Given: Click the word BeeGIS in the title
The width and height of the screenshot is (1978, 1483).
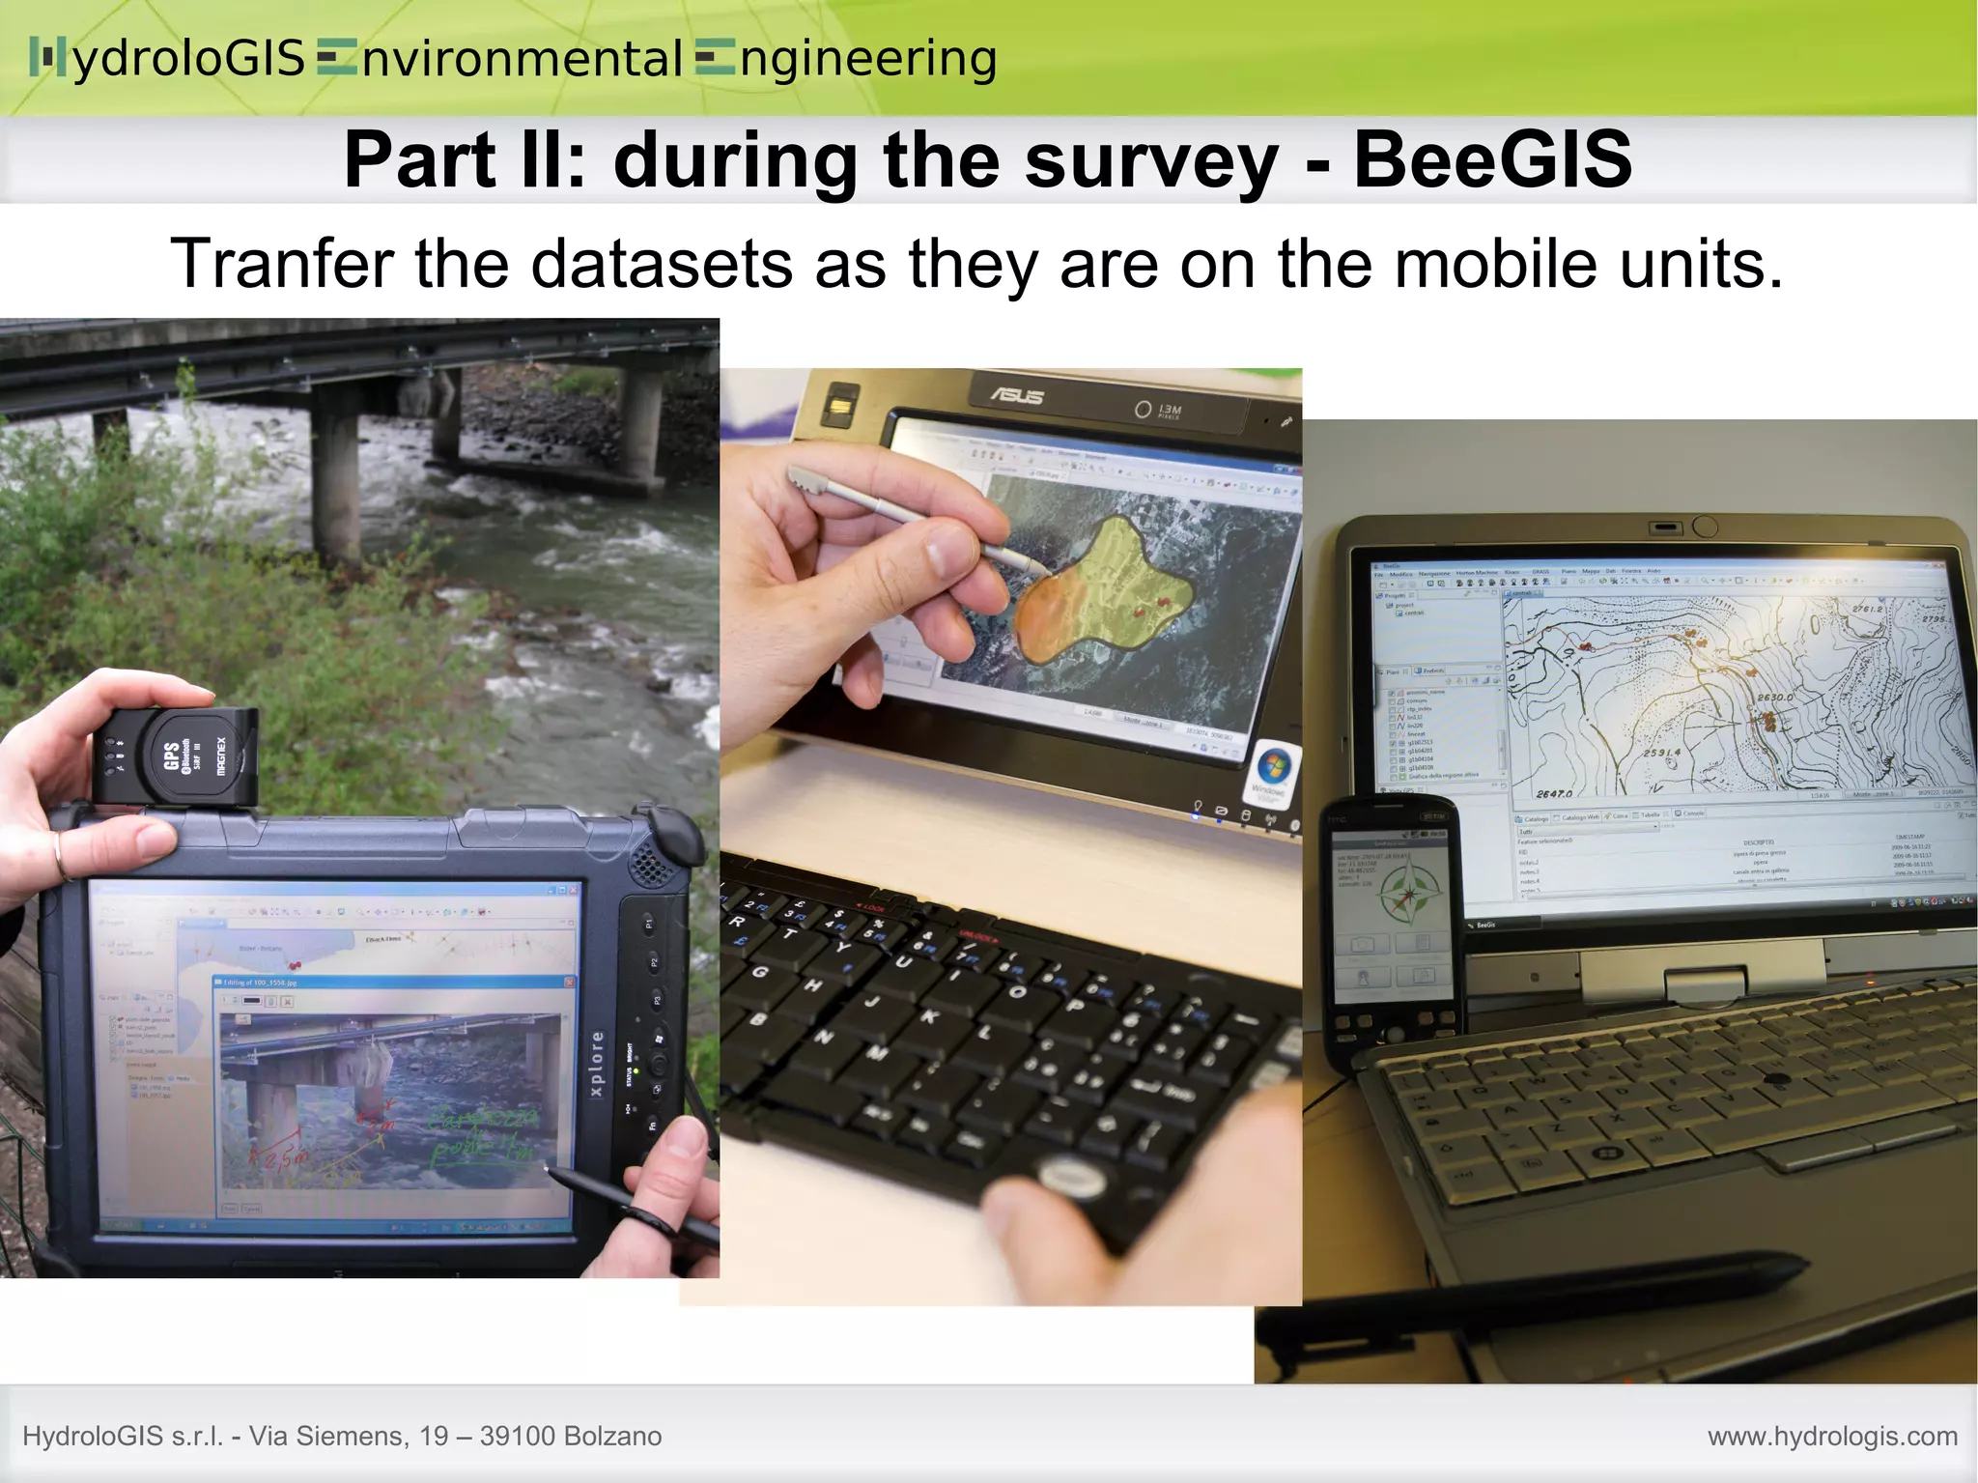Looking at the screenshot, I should [1492, 159].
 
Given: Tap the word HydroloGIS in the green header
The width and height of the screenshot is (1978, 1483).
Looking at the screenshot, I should [169, 58].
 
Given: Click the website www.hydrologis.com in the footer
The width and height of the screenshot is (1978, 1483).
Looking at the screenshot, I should [1832, 1437].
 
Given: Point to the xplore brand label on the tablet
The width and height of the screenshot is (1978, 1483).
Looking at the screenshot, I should [597, 1064].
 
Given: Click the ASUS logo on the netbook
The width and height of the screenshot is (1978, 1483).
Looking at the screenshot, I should [1017, 395].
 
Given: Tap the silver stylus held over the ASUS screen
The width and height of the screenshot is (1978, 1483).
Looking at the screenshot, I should [908, 519].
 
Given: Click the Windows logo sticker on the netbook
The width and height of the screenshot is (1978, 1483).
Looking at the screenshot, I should [1273, 769].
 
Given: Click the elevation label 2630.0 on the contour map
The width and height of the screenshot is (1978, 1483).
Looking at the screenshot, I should [1774, 697].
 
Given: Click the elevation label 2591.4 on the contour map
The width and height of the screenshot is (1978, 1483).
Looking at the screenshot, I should [1661, 752].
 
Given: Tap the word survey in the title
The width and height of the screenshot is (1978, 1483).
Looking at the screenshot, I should [1150, 159].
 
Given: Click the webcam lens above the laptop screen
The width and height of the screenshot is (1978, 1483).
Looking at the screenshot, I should [1705, 527].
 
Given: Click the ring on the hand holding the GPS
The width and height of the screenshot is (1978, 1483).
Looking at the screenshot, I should [61, 857].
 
